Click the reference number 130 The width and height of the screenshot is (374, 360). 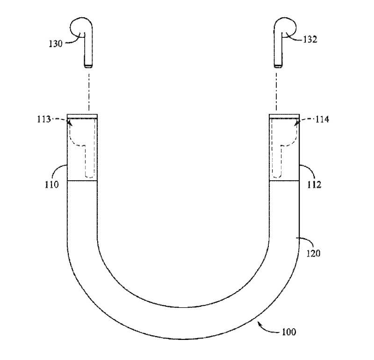coord(55,44)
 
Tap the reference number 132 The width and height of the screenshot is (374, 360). coord(310,40)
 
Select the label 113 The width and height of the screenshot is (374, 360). coord(43,119)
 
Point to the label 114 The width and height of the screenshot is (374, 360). coord(322,119)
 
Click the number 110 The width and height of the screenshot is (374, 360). coord(51,184)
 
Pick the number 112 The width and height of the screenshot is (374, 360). coord(314,184)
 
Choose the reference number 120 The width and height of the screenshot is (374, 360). coord(313,254)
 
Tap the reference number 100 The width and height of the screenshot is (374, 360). coord(289,332)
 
